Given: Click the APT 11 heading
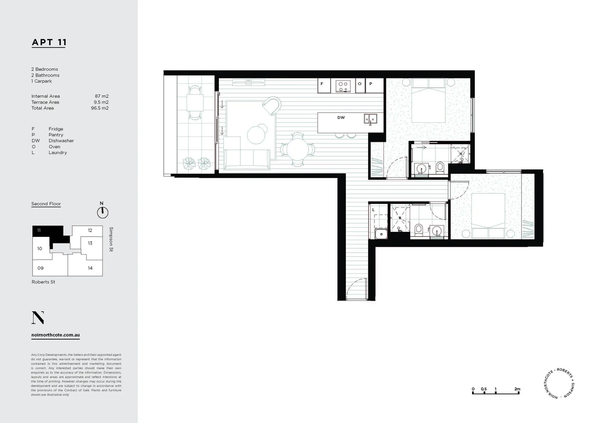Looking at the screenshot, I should coord(49,42).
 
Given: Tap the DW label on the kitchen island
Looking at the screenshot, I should coord(341,117).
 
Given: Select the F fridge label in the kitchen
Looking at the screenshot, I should coord(322,84).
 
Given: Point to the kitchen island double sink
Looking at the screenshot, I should coord(370,118).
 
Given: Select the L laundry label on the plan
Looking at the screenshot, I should coord(373,210).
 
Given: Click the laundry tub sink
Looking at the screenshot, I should coord(381,234).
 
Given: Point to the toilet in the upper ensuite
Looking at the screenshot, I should coord(439,168).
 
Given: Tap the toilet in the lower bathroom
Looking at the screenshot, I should coord(418,229).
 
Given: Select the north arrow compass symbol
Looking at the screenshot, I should coord(102,212).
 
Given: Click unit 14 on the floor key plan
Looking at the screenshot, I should coord(90,268).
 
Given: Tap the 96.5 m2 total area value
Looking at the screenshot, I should coord(99,108).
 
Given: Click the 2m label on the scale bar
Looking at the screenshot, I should coord(517,389).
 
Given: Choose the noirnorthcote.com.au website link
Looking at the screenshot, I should coord(56,335).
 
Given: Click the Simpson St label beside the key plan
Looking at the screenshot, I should coord(111,239).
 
